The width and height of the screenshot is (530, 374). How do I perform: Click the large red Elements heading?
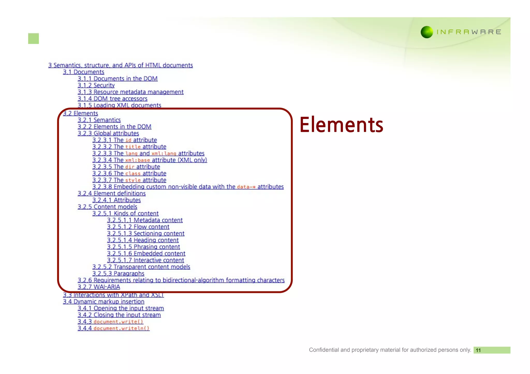pos(341,125)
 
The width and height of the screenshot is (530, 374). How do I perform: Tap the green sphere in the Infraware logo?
pos(427,32)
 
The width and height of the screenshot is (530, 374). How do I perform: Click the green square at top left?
pos(33,39)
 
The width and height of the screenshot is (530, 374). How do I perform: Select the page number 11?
pos(478,350)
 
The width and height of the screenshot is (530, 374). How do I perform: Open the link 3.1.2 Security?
pos(96,85)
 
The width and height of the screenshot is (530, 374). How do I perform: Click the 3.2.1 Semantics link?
pos(99,120)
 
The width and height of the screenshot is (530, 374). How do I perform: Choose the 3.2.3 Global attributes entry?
pos(108,133)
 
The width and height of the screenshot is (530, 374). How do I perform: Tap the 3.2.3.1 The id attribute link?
pos(124,140)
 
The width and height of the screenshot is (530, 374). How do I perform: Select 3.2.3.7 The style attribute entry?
pos(129,180)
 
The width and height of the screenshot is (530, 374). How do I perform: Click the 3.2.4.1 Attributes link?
pos(116,200)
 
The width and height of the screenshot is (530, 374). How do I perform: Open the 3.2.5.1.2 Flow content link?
pos(138,227)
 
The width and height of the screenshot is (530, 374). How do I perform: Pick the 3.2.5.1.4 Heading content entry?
pos(143,240)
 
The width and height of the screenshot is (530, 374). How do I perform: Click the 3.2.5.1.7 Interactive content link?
pos(145,260)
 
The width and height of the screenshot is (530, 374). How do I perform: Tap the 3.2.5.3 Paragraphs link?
pos(118,273)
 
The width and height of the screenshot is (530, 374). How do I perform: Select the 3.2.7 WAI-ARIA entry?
pos(99,287)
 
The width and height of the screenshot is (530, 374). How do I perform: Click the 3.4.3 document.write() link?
pos(110,322)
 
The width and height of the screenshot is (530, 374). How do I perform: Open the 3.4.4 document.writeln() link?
pos(113,328)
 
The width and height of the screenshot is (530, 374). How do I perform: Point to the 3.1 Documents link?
pos(83,72)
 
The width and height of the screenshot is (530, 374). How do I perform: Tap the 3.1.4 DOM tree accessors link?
pos(112,99)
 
